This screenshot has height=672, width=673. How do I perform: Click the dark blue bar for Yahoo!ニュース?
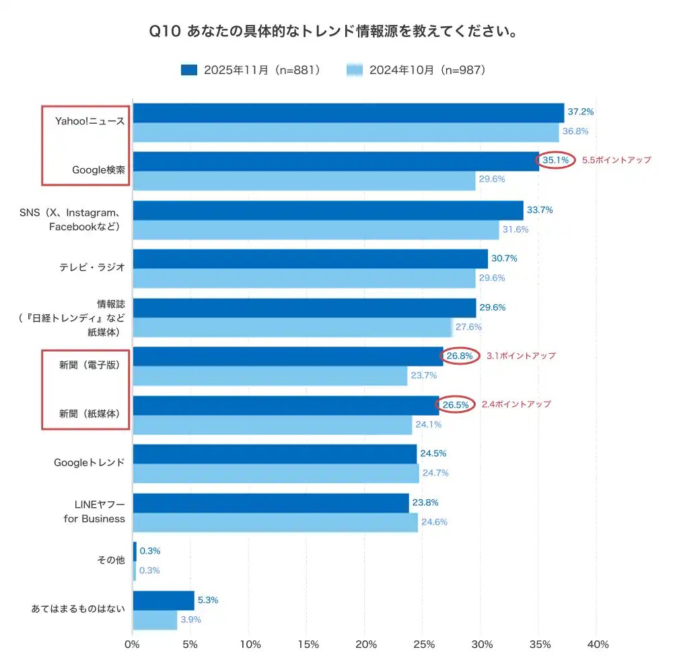click(x=348, y=113)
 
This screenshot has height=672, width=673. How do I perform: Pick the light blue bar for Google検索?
click(x=304, y=180)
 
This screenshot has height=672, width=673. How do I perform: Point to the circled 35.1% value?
click(x=555, y=160)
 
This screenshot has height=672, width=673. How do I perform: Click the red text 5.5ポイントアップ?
click(x=616, y=160)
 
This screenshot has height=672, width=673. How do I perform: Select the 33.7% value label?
click(x=540, y=210)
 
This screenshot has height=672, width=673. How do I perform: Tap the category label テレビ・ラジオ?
click(x=92, y=267)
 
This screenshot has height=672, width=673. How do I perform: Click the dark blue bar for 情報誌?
click(x=304, y=308)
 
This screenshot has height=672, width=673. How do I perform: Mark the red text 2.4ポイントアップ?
click(x=516, y=404)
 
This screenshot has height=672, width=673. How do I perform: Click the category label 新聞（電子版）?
click(x=90, y=365)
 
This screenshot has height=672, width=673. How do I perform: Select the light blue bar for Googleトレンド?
click(x=276, y=474)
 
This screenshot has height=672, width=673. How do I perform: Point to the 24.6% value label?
click(x=434, y=522)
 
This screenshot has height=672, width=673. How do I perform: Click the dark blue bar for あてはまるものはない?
click(x=164, y=601)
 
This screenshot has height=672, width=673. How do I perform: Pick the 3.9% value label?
click(x=190, y=620)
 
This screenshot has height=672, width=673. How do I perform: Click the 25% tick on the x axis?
click(x=423, y=644)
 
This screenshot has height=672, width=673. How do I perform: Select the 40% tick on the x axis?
click(x=597, y=644)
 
